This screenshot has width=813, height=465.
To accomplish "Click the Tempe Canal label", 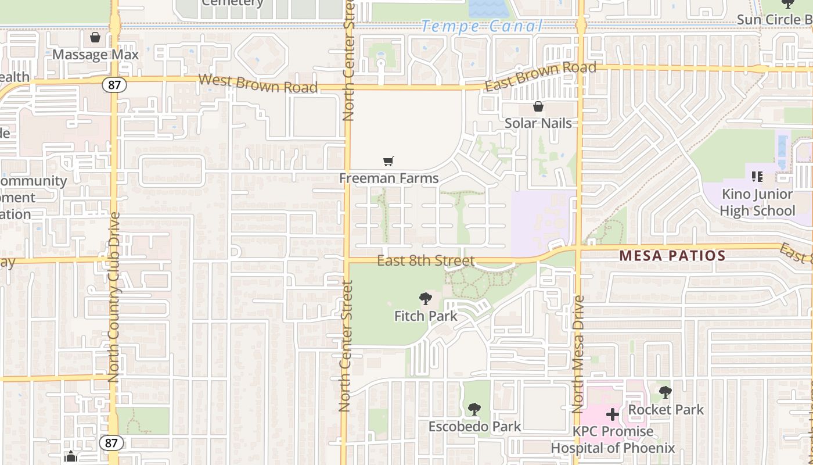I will pos(481,26).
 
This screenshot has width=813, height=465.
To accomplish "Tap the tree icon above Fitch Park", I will pos(426,299).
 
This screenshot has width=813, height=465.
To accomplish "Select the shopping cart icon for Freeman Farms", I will pos(388,161).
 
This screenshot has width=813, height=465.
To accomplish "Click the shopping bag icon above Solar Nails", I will pos(538,106).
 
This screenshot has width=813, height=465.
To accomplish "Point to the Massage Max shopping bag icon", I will pos(95,38).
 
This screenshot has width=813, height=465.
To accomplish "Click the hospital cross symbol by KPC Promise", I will pos(613,414).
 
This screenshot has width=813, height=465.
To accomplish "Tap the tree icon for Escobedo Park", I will pos(474,409).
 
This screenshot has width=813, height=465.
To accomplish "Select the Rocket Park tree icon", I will pos(665,392).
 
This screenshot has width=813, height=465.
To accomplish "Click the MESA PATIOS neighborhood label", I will pos(672,255).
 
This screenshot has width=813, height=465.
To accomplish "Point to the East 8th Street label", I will pos(426,261).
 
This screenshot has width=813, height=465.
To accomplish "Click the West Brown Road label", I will pos(258,83).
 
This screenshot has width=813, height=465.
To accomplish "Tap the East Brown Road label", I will pos(541,76).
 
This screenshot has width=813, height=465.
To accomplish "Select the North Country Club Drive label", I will pos(114,296).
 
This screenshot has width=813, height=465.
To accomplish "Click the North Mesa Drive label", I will pos(578,355).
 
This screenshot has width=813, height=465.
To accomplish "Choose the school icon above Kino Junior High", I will pos(757,176).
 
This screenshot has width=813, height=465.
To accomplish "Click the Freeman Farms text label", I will pos(388,178).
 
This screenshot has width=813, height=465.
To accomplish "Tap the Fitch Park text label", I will pos(426,316).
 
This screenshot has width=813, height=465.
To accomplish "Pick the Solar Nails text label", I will pos(538,123).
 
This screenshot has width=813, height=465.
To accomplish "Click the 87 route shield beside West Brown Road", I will pos(114,85).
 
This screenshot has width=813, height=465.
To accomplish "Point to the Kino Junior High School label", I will pos(757,202).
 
